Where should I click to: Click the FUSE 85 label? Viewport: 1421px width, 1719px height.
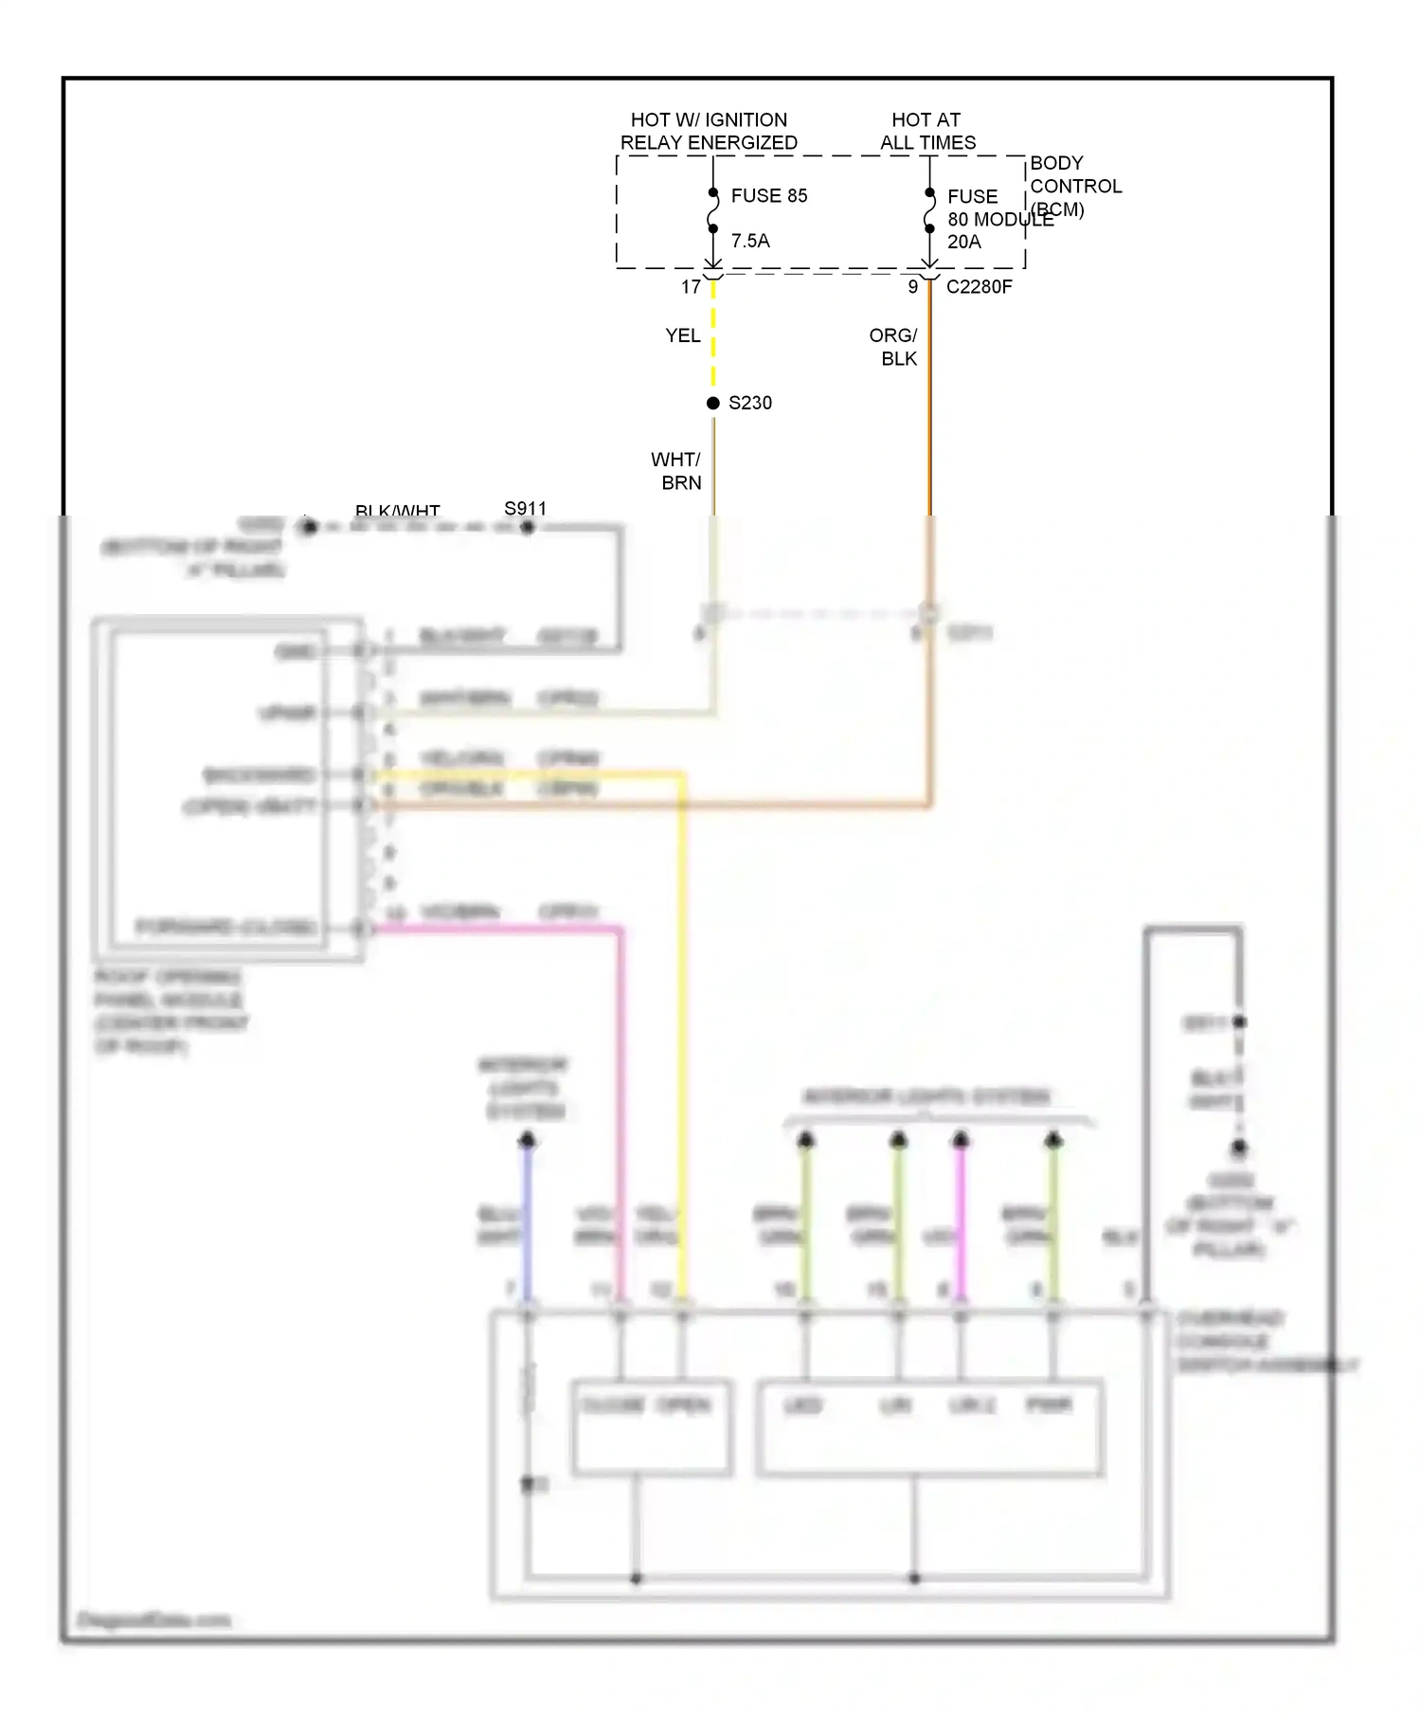tap(768, 196)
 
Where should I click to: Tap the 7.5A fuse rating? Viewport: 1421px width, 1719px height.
tap(750, 242)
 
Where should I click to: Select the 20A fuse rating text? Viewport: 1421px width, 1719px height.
tap(963, 243)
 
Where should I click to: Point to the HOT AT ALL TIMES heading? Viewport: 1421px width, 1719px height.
tap(926, 132)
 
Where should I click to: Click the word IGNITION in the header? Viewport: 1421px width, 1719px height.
tap(746, 120)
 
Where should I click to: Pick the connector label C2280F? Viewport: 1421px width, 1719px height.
tap(979, 287)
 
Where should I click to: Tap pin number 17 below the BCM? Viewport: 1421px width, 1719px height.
tap(691, 287)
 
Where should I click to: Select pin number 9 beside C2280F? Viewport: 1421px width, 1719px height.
tap(912, 287)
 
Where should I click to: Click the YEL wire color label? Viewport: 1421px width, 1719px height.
tap(682, 336)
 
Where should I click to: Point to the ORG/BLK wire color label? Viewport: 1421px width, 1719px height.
tap(894, 348)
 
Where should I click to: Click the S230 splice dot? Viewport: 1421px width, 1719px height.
tap(713, 404)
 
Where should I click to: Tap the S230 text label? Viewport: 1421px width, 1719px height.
tap(749, 404)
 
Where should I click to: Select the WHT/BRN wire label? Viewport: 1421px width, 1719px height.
tap(677, 472)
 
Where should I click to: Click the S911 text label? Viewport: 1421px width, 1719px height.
tap(525, 509)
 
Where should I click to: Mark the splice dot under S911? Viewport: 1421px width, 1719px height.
tap(528, 527)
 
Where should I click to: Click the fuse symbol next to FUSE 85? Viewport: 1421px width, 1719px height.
tap(713, 211)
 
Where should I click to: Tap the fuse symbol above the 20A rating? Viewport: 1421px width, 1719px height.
tap(929, 211)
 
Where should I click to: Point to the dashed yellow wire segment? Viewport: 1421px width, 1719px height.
tap(713, 336)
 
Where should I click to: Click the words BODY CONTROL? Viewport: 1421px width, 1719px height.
tap(1074, 175)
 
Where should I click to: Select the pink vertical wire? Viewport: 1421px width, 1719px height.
tap(621, 1090)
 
